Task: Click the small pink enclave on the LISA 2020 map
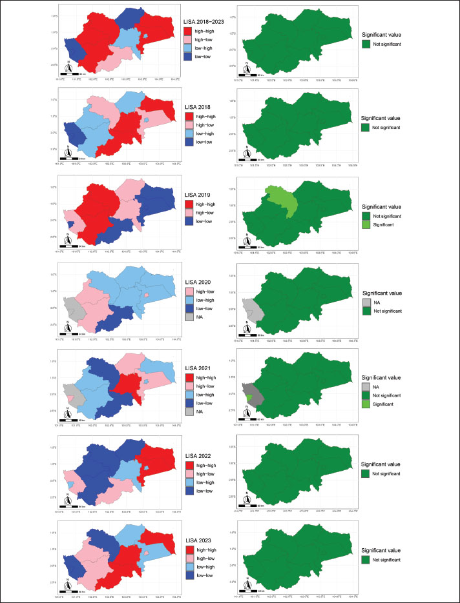[147, 295]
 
